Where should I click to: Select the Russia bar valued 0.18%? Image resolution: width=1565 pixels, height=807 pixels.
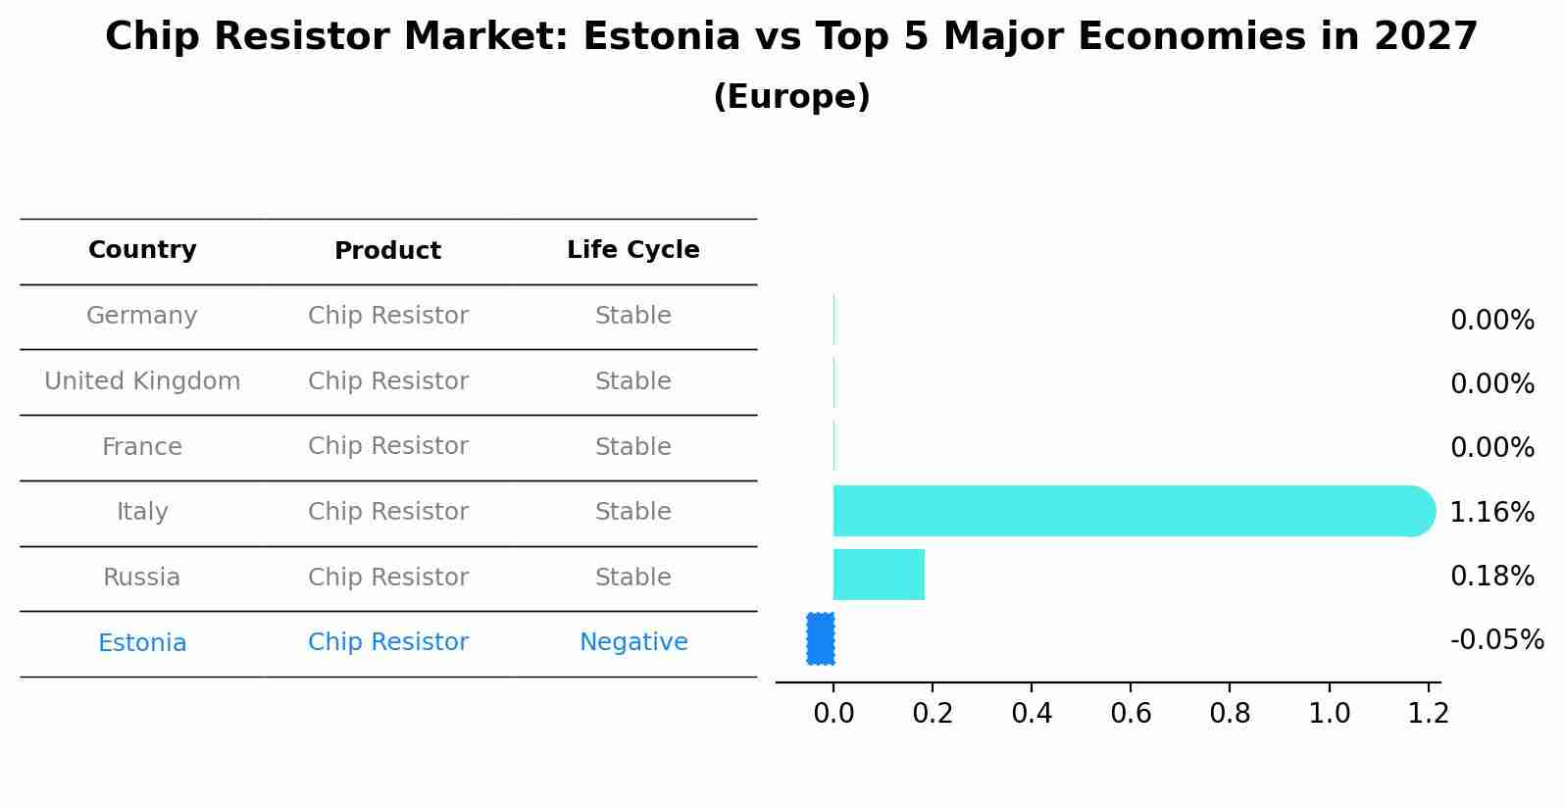(x=879, y=575)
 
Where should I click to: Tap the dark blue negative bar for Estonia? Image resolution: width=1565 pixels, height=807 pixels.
(x=821, y=638)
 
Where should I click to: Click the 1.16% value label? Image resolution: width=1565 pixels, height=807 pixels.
(x=1491, y=512)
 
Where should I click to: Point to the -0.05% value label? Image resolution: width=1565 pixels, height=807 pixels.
(x=1496, y=640)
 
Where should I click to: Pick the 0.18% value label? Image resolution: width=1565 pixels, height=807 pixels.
(x=1491, y=576)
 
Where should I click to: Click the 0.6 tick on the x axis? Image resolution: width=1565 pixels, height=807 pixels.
(x=1131, y=713)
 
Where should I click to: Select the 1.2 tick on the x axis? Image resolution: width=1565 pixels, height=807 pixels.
(x=1428, y=713)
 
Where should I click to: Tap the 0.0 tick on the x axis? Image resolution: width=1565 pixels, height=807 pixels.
(x=833, y=713)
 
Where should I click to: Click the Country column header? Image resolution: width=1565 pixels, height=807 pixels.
(x=142, y=250)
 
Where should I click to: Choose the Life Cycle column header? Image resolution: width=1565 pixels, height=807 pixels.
(x=632, y=250)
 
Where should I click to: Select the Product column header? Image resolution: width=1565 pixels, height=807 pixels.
(x=387, y=251)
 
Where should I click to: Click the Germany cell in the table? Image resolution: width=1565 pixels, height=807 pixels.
(x=142, y=316)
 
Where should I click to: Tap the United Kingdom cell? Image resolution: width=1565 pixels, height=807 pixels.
(x=142, y=381)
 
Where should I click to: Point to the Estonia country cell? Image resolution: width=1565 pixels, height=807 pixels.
(x=142, y=643)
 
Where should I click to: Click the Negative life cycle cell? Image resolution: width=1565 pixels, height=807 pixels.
(x=633, y=642)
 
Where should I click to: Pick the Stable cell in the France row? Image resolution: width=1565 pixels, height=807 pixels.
(x=632, y=447)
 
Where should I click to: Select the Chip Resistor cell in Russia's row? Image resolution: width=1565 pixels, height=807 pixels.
(x=387, y=578)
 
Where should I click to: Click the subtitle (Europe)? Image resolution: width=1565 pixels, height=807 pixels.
(x=791, y=97)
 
